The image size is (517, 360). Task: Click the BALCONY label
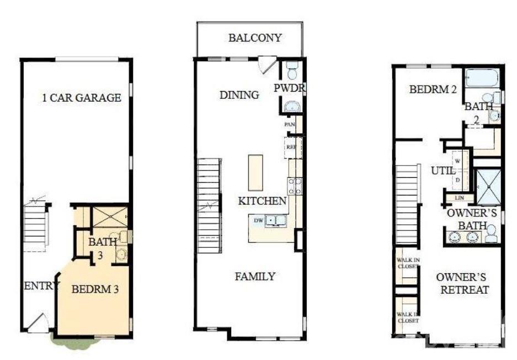coord(255,38)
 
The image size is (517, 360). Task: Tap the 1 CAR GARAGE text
coord(82,98)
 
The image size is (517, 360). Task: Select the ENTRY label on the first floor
coord(38,285)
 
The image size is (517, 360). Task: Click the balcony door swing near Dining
coord(268,64)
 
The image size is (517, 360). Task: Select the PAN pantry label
coord(290,124)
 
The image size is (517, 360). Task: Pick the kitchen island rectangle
coord(255,172)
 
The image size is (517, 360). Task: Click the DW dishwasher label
coord(258,221)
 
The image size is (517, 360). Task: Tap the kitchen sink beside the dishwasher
coord(275,221)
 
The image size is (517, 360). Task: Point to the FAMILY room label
coord(255,277)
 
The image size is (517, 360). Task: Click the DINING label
coord(239,95)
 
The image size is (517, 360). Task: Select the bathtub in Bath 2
coord(481,78)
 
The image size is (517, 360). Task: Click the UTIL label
coord(443,171)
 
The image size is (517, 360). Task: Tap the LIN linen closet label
coord(459,198)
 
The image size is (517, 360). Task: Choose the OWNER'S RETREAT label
coord(463,283)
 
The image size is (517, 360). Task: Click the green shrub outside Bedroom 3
coord(66,339)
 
